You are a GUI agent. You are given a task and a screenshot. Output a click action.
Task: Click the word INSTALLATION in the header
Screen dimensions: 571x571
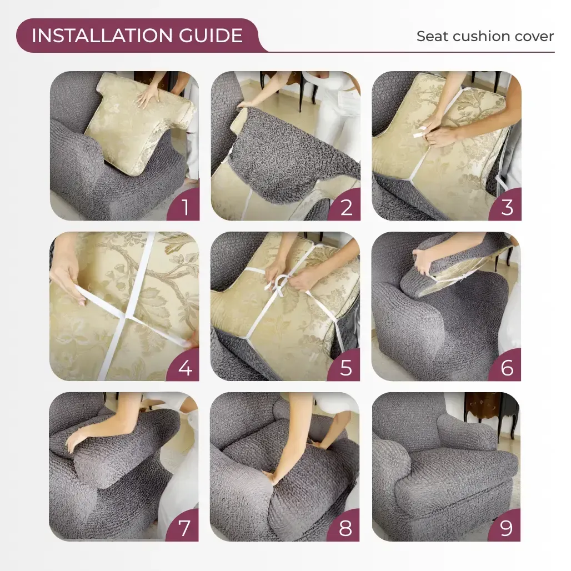102,36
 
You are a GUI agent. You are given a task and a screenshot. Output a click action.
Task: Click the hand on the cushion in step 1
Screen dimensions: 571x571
148,97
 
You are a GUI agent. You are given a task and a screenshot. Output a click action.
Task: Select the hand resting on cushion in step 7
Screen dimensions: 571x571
78,440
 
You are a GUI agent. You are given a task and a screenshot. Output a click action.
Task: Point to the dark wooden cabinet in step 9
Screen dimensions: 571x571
492,411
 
